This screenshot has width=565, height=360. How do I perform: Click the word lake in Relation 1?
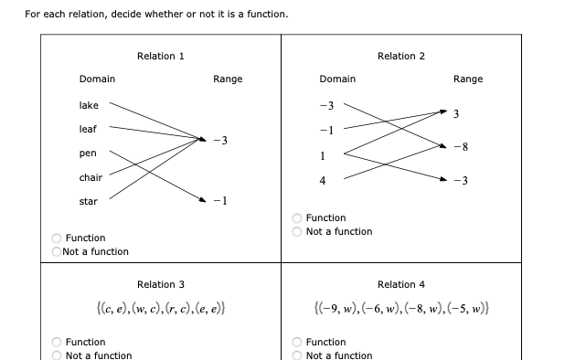(x=89, y=106)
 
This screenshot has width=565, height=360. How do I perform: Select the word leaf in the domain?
(x=89, y=130)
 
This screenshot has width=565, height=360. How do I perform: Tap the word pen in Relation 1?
(x=88, y=154)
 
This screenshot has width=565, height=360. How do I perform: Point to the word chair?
(x=91, y=177)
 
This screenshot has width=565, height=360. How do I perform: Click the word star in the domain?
(x=89, y=201)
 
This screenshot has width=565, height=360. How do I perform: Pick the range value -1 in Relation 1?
(x=220, y=201)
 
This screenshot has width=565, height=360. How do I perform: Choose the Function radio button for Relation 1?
(x=57, y=238)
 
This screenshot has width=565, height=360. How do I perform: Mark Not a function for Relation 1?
(x=57, y=251)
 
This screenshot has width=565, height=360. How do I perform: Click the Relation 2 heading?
(x=401, y=57)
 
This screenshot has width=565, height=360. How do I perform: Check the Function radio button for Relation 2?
(x=297, y=218)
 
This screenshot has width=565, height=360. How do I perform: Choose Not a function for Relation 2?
(x=297, y=232)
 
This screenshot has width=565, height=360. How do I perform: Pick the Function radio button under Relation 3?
(x=57, y=343)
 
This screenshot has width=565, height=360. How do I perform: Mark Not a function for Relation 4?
(x=297, y=355)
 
